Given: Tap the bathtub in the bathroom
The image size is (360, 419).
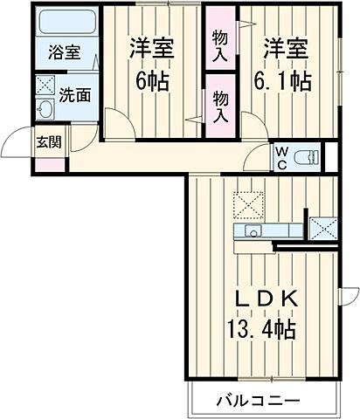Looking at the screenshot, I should click(x=63, y=22).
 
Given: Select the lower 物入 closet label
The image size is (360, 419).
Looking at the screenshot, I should click(x=219, y=106).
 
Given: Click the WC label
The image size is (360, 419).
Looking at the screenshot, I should click(x=281, y=158).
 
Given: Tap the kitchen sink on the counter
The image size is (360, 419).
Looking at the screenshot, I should click(x=251, y=231).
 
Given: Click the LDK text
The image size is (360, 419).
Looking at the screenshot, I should click(x=265, y=299).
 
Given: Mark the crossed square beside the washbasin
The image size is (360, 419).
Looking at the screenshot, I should click(x=45, y=86).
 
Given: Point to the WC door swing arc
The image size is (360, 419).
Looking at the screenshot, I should click(x=257, y=158).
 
